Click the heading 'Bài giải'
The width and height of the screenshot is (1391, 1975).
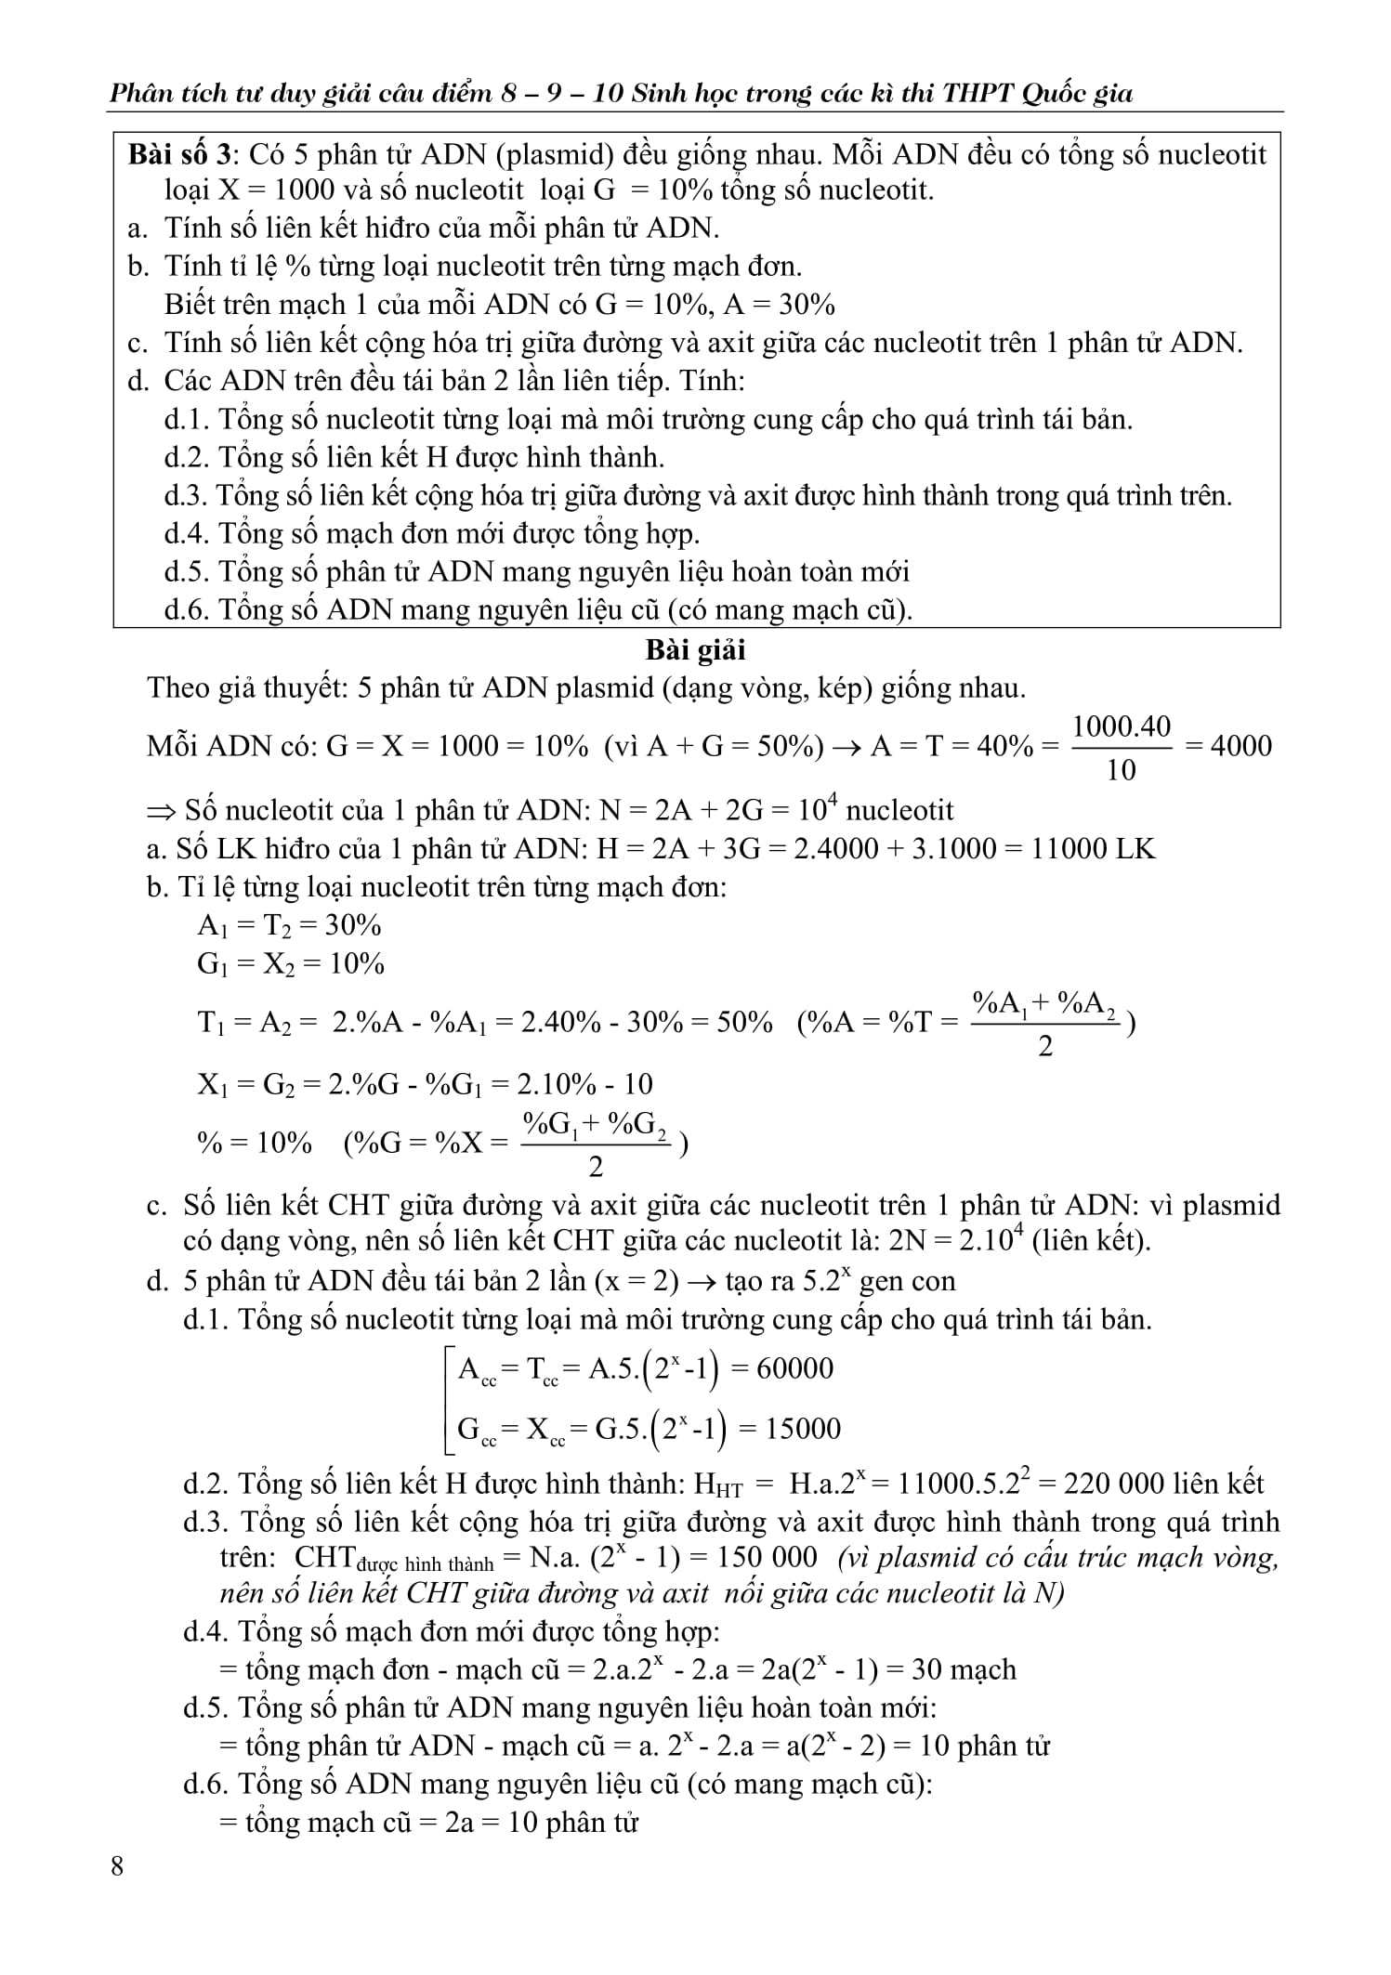[x=696, y=649]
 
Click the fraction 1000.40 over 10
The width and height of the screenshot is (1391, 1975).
[x=1122, y=747]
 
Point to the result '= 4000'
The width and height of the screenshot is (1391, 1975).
[x=1230, y=746]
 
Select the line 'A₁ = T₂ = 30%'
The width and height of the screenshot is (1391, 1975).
[x=289, y=925]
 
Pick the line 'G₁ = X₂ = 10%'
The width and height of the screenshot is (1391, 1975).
[x=290, y=963]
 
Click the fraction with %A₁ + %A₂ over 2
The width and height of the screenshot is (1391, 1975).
[x=1044, y=1024]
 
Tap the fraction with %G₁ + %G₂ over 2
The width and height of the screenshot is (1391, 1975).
[x=596, y=1144]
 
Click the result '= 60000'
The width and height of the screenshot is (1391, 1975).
[x=783, y=1368]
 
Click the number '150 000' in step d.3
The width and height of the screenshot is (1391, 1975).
[x=770, y=1558]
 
